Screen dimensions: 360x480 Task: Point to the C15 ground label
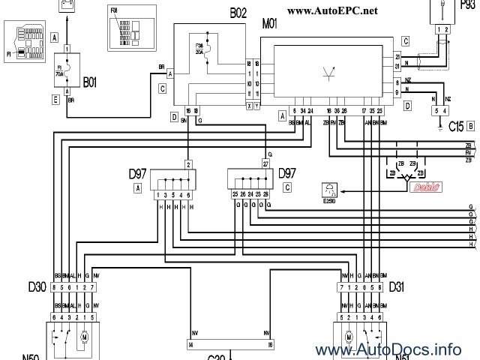454,127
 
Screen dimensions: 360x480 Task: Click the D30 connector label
37,287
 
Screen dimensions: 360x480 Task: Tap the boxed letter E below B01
55,98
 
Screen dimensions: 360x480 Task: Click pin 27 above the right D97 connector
265,163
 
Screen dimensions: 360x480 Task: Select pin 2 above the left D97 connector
188,163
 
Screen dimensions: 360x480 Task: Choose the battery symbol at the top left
67,4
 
